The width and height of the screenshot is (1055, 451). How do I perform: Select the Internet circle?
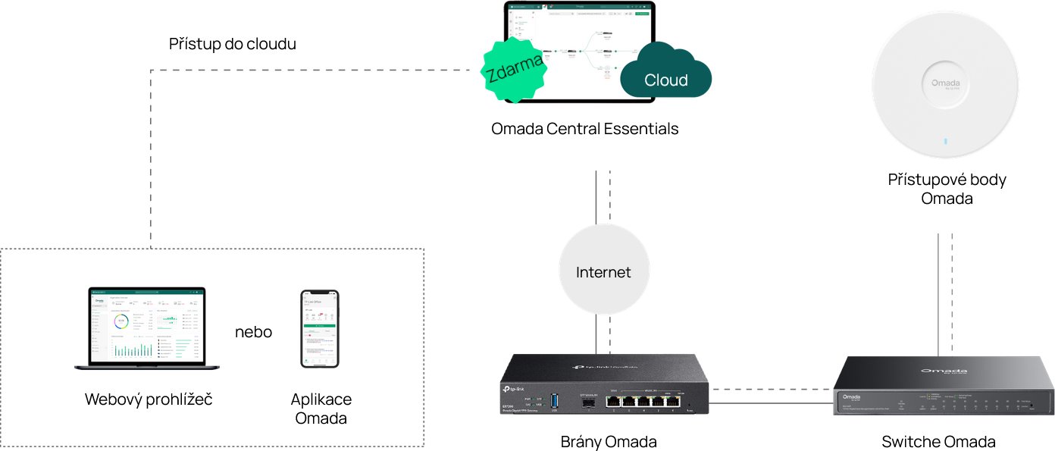pyautogui.click(x=603, y=271)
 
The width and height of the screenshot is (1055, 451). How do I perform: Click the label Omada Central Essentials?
pyautogui.click(x=584, y=129)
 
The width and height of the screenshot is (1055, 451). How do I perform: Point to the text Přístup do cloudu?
pyautogui.click(x=232, y=44)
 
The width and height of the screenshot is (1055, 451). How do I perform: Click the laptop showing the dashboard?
pyautogui.click(x=147, y=328)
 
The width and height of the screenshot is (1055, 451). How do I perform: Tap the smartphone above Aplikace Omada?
pyautogui.click(x=320, y=329)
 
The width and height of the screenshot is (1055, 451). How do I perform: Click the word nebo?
pyautogui.click(x=253, y=332)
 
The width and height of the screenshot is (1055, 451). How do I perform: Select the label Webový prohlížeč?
pyautogui.click(x=149, y=399)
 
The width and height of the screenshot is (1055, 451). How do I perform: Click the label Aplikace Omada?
pyautogui.click(x=321, y=409)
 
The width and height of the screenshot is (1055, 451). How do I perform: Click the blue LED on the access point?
pyautogui.click(x=945, y=141)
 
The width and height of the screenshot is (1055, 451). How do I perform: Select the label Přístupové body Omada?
pyautogui.click(x=947, y=189)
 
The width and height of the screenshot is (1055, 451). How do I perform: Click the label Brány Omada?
pyautogui.click(x=608, y=442)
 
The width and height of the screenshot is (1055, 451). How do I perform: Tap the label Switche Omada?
pyautogui.click(x=938, y=442)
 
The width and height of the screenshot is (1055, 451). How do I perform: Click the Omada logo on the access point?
pyautogui.click(x=945, y=83)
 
